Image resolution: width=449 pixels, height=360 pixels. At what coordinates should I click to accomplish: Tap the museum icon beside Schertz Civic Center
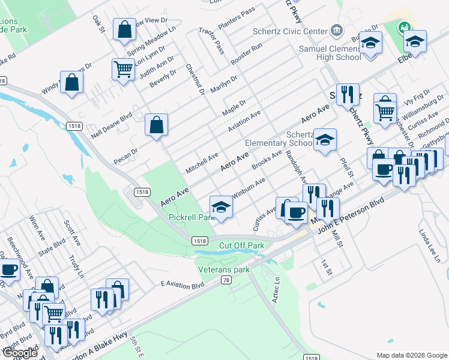coord(336,31)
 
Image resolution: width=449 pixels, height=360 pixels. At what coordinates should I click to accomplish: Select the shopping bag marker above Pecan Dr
coord(157,125)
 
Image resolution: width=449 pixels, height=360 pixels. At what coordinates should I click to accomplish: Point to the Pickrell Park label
coord(191,217)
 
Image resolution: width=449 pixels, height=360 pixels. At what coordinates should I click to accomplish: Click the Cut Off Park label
coord(241,245)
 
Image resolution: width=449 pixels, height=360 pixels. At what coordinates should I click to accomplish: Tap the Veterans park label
coord(224,270)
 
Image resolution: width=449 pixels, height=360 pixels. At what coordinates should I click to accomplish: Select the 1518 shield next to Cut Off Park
coord(200,241)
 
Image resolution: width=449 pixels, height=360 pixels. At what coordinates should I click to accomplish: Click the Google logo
coord(19,353)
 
